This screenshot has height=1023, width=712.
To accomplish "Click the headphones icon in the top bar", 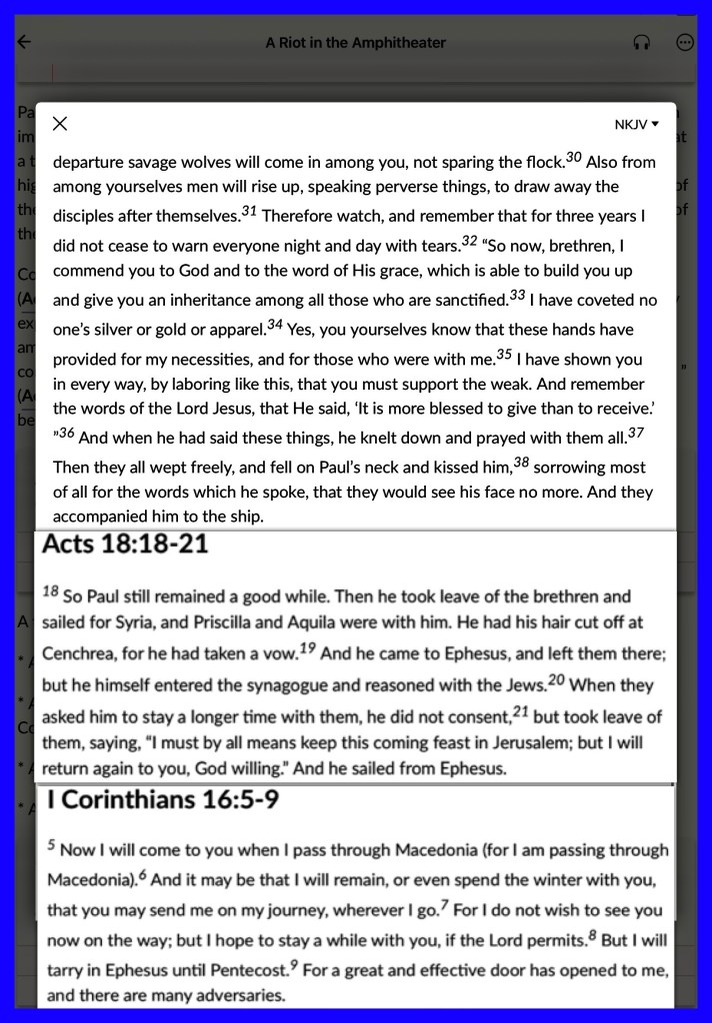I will coord(642,43).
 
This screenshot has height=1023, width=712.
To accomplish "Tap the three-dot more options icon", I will coord(685,43).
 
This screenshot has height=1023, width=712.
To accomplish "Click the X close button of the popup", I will coord(60,124).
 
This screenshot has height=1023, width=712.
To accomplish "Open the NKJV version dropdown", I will coord(637,125).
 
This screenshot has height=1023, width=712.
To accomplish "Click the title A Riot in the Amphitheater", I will coord(355,43).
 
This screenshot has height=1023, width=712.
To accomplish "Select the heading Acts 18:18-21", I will coord(124,545).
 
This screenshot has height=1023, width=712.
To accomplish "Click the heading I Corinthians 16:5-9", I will coord(163,800).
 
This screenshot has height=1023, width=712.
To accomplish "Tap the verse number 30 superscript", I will coord(573,157).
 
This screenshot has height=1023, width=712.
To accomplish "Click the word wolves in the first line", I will coord(222,162).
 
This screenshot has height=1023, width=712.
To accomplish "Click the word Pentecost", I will coord(248,970).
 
